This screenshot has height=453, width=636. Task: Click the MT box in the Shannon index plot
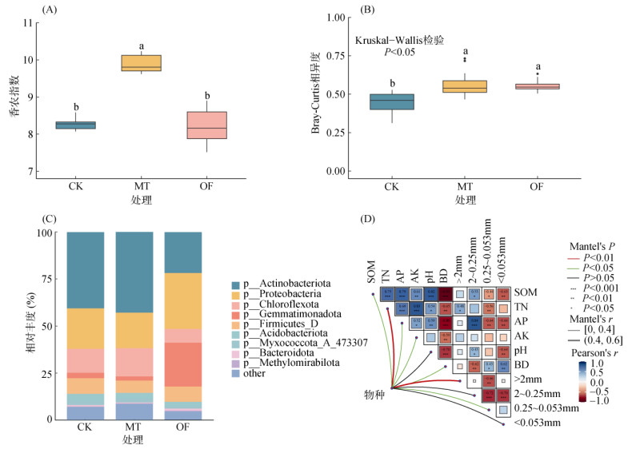(141, 63)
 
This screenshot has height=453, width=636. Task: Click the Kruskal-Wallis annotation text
(399, 40)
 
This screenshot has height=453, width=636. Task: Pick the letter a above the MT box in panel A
(142, 46)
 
